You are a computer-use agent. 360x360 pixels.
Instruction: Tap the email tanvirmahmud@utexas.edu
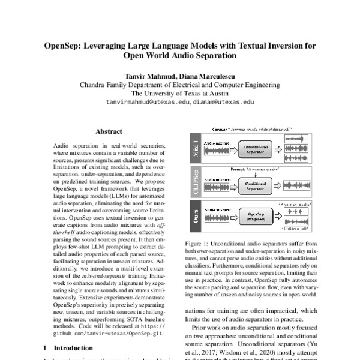coord(148,103)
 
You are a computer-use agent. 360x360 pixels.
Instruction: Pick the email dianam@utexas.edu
coord(223,103)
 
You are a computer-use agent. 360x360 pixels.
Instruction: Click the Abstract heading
coord(109,131)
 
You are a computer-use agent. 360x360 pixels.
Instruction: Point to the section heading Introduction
coord(70,347)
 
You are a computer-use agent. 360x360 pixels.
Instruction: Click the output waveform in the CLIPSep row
coord(295,185)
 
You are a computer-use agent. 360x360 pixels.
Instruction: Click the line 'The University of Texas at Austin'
coord(179,94)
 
